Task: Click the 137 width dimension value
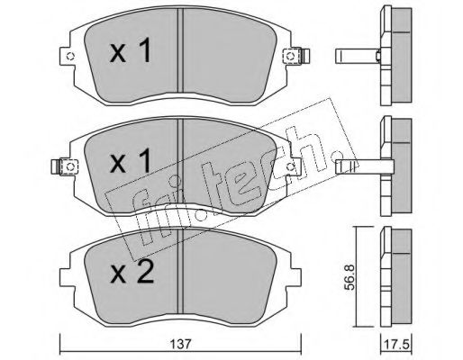click(x=182, y=345)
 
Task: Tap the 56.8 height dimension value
click(x=349, y=277)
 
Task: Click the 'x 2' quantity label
click(x=132, y=271)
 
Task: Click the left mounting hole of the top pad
click(x=70, y=56)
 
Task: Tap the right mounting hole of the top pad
click(x=290, y=56)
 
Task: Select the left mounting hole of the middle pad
click(x=70, y=166)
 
